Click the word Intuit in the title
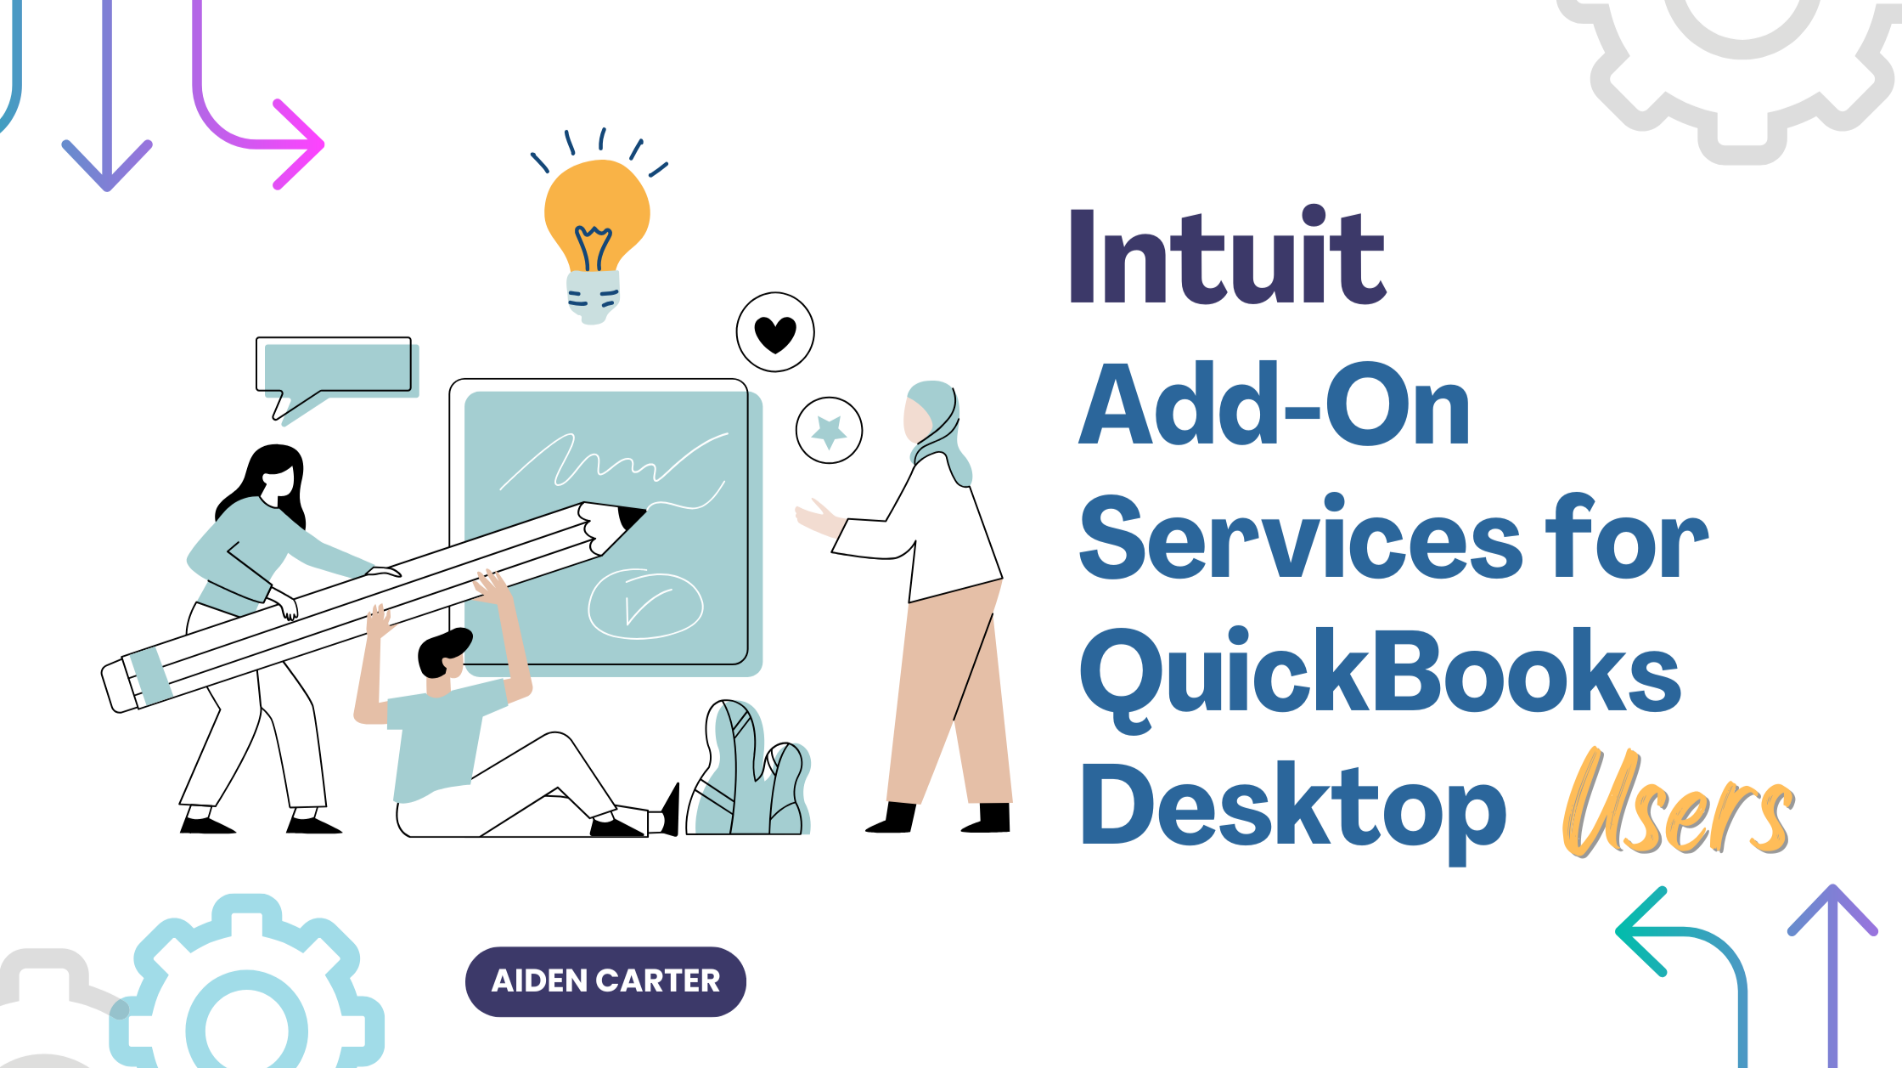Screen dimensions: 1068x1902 [1227, 257]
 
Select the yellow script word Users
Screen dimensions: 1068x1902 [1677, 803]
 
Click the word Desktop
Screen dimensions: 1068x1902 [1291, 807]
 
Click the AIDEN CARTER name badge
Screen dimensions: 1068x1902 [605, 981]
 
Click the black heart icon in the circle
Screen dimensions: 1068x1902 [775, 333]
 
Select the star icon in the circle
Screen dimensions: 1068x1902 [830, 431]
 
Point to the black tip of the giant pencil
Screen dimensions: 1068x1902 [632, 516]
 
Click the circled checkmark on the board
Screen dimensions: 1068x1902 [645, 604]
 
